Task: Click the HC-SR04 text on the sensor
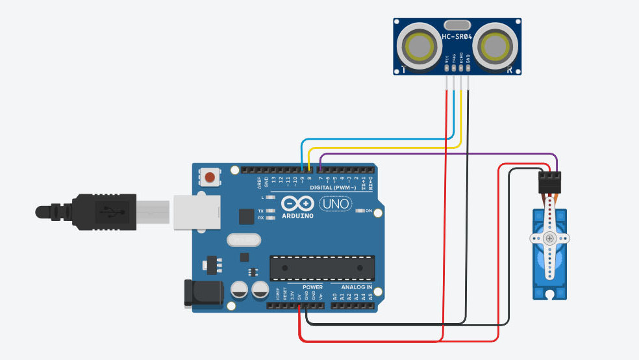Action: (x=455, y=37)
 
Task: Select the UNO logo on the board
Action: (x=335, y=204)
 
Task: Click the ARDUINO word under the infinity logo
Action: (x=298, y=216)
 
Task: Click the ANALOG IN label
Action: (x=352, y=287)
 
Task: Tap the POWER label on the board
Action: (x=312, y=287)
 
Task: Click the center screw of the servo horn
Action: (x=550, y=238)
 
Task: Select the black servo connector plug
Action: (x=549, y=181)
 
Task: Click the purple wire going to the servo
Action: (x=442, y=154)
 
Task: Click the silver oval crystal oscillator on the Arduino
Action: (x=244, y=240)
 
